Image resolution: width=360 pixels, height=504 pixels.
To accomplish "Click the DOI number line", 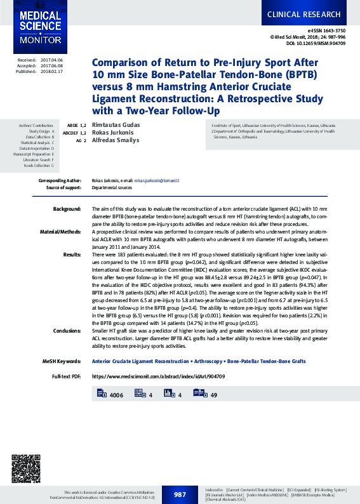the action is pyautogui.click(x=316, y=44).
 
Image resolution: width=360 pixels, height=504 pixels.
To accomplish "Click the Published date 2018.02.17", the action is pyautogui.click(x=53, y=71).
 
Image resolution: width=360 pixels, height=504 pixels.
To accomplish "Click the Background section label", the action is pyautogui.click(x=67, y=209).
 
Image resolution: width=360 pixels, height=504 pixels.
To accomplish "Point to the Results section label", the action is pyautogui.click(x=72, y=255).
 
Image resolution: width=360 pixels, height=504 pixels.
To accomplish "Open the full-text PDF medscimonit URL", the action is pyautogui.click(x=158, y=376).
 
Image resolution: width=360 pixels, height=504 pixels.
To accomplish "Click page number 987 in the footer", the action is pyautogui.click(x=180, y=494).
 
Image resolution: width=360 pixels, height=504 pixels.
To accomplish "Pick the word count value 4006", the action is pyautogui.click(x=116, y=395).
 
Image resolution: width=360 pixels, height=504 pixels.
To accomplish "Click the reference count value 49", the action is pyautogui.click(x=214, y=395).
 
